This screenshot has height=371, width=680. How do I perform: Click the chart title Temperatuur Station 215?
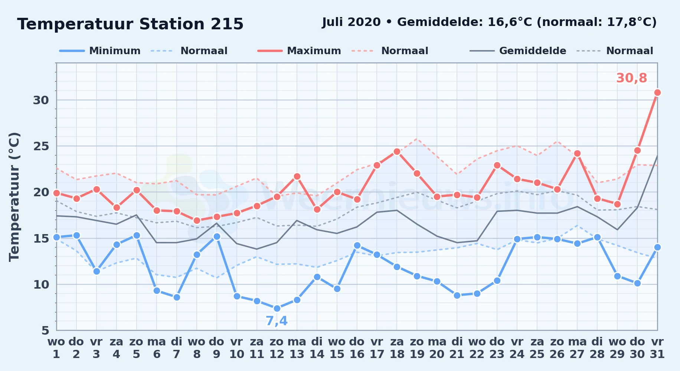click(x=130, y=24)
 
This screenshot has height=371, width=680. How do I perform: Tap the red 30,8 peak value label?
click(x=631, y=78)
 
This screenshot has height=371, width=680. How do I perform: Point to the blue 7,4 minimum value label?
click(x=277, y=321)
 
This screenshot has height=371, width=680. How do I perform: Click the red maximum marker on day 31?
click(x=657, y=92)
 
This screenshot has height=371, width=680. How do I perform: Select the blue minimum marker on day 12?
click(x=277, y=308)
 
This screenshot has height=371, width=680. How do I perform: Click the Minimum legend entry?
click(x=100, y=51)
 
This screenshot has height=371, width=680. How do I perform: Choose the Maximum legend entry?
click(x=299, y=51)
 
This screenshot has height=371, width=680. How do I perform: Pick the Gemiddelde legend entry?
click(x=518, y=51)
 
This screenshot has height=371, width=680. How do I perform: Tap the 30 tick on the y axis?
click(x=41, y=100)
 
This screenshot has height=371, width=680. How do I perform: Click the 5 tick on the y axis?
click(x=45, y=330)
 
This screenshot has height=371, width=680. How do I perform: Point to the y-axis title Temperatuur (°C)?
click(x=14, y=197)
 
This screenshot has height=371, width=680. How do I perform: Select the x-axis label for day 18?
click(x=397, y=348)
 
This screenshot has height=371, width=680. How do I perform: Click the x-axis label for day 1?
click(x=56, y=348)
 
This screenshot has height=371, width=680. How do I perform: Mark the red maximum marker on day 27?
click(x=577, y=153)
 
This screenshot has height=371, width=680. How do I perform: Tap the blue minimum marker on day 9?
click(x=217, y=236)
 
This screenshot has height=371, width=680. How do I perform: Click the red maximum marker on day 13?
click(x=297, y=176)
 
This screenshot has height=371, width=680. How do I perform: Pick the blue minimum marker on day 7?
click(x=177, y=297)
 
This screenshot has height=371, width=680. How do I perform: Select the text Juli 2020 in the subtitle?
click(x=351, y=22)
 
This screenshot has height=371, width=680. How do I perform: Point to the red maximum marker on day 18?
click(x=397, y=151)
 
